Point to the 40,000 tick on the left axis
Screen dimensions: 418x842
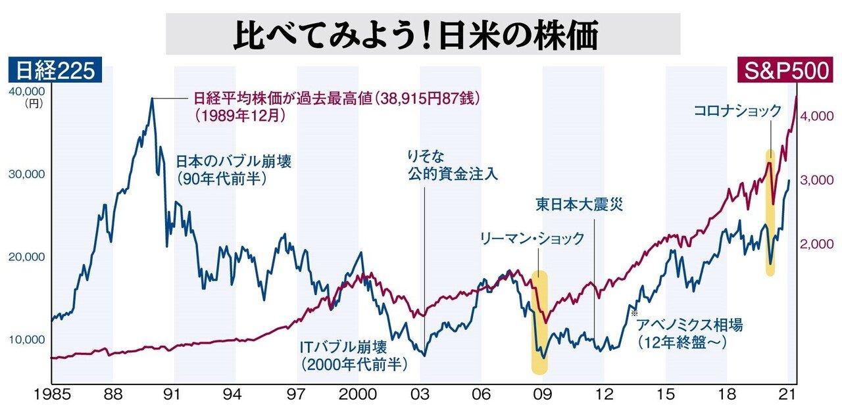pos(26,91)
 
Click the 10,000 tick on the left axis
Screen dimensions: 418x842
pos(26,340)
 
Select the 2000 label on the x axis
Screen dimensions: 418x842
pos(358,396)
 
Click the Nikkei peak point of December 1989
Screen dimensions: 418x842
pos(152,99)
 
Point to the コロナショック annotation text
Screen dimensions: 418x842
pos(737,111)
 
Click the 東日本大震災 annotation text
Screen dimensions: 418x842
pos(578,204)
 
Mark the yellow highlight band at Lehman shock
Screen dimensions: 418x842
pos(539,322)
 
